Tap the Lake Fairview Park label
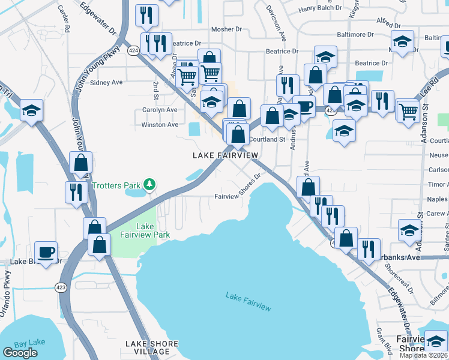pos(145,230)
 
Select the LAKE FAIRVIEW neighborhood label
pos(225,155)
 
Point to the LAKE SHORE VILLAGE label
pos(152,347)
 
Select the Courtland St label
pos(267,139)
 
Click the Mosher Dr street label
pos(226,29)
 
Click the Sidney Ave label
pos(106,82)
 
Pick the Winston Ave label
pos(160,125)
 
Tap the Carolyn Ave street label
pos(159,110)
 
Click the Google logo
pos(20,353)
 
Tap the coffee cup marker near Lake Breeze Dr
pos(47,251)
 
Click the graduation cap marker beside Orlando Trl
pos(31,110)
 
